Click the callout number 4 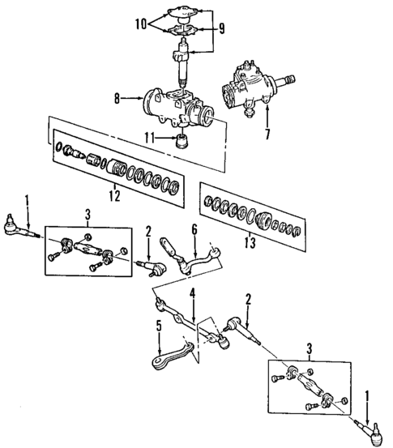(x=192, y=292)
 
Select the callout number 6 (x=194, y=230)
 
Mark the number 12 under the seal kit (x=113, y=194)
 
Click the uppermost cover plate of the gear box (x=184, y=12)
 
